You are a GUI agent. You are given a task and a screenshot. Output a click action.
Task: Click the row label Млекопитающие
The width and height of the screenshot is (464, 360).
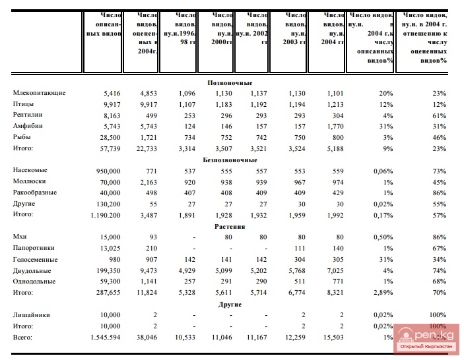pos(39,94)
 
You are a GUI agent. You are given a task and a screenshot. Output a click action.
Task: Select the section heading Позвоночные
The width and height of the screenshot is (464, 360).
pos(230,83)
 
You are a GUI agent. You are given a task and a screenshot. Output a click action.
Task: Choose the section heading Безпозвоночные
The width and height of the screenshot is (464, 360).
pos(230,160)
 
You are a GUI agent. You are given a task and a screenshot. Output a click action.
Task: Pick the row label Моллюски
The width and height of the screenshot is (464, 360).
pos(30,181)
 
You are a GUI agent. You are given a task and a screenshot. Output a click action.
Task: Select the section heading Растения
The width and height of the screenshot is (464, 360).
pos(230,226)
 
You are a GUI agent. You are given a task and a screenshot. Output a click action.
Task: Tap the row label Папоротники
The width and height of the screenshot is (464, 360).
pos(34,248)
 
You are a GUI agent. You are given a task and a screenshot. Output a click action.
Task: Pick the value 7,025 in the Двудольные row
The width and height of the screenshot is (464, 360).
pos(335,270)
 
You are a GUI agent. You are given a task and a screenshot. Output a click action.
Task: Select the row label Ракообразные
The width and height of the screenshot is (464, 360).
pos(35,193)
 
